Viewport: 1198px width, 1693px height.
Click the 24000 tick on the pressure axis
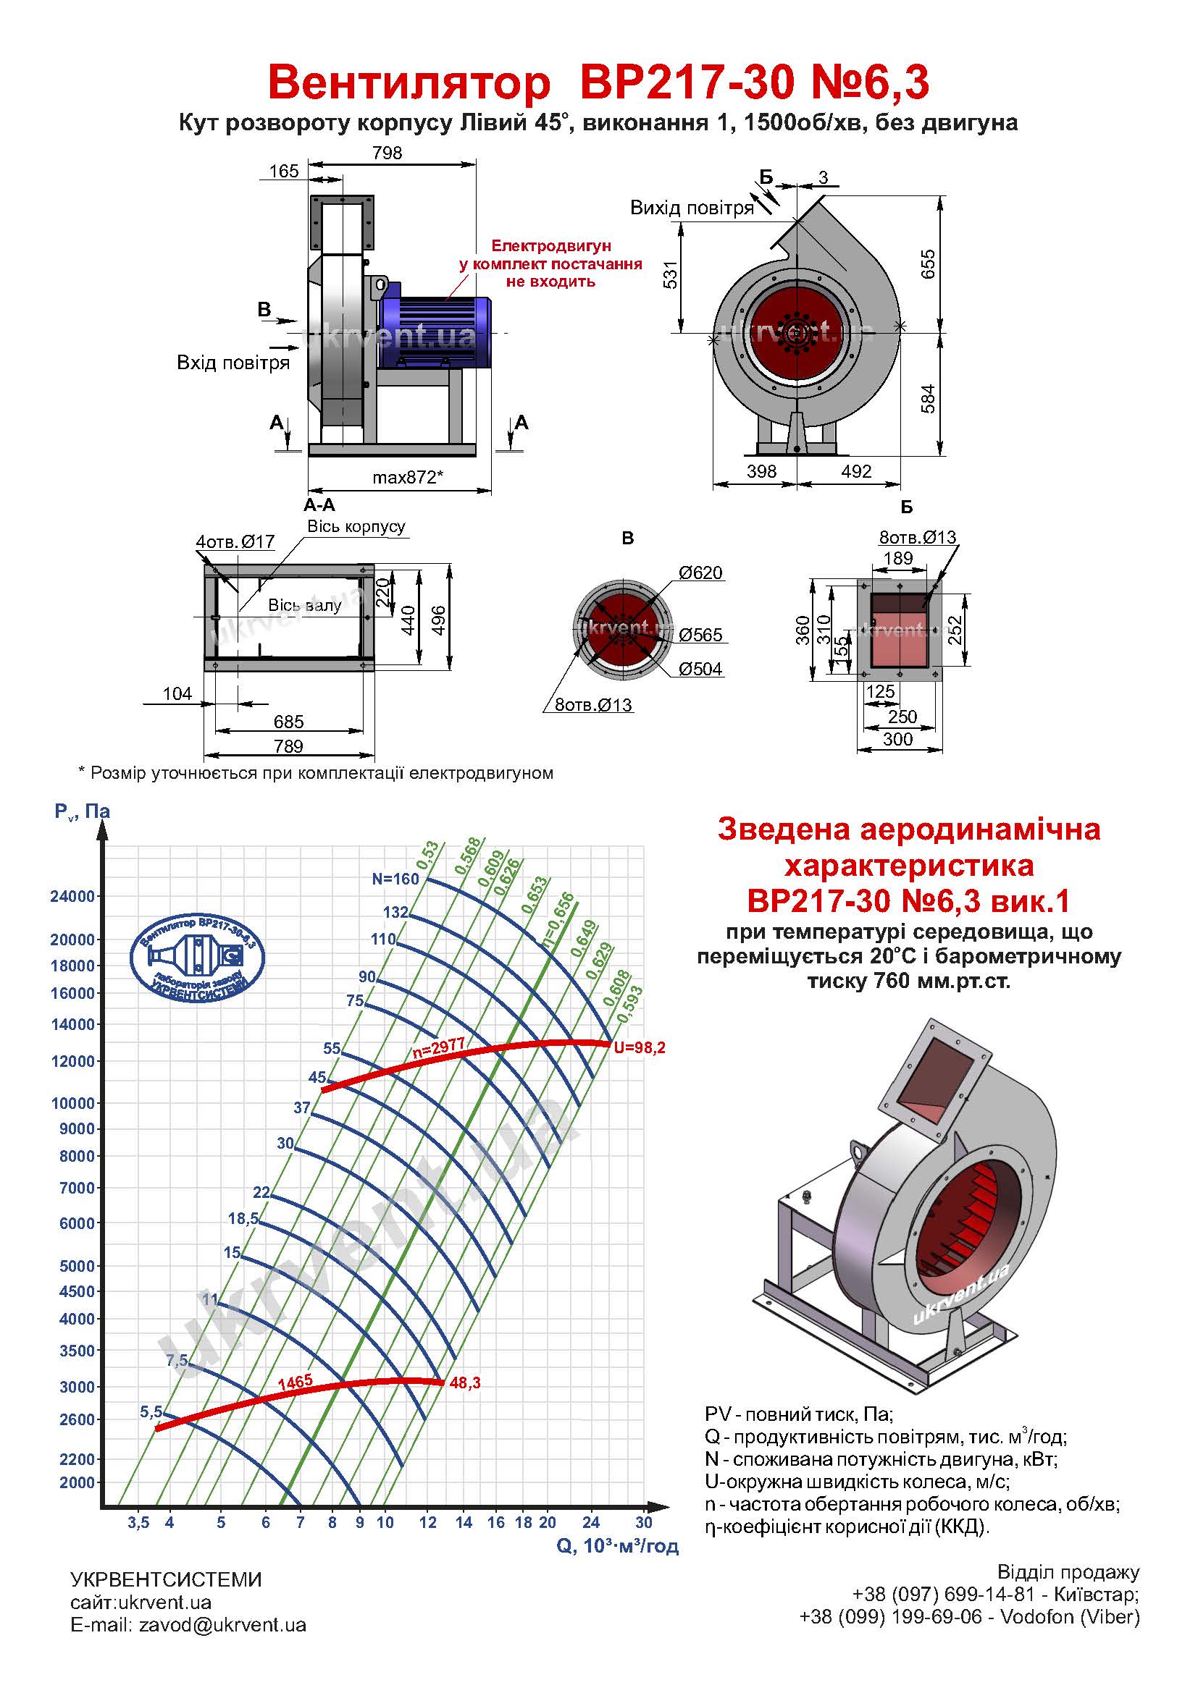pos(72,896)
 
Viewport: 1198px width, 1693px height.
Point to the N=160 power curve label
pos(395,878)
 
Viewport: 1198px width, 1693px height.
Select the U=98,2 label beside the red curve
pos(640,1047)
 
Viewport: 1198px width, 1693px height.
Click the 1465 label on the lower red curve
pos(295,1381)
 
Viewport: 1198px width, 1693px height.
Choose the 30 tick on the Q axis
pos(644,1522)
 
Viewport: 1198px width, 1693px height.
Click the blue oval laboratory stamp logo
pos(197,958)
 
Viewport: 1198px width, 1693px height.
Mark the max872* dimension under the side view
pos(407,477)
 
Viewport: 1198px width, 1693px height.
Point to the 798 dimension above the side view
pos(388,153)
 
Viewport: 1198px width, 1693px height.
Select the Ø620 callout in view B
pos(700,573)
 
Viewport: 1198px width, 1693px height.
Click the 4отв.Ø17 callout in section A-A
pos(235,542)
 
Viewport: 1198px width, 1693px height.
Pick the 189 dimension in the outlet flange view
pos(897,558)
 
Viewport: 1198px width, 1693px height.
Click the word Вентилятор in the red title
pos(409,83)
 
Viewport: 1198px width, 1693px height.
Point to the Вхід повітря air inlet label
pos(233,363)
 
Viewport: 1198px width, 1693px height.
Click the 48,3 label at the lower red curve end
pos(465,1383)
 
